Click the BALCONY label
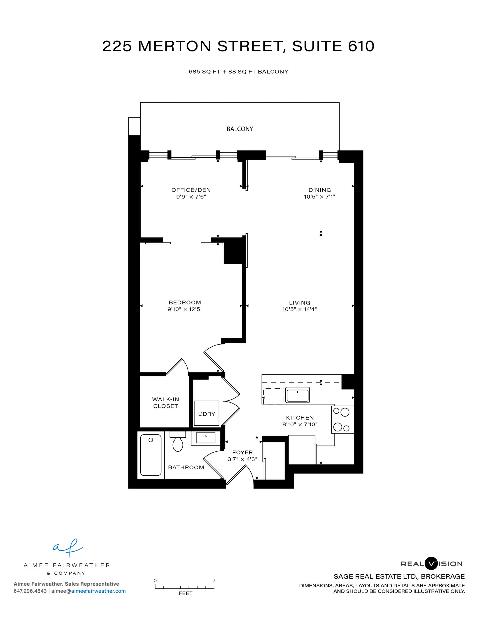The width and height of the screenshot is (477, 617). point(240,129)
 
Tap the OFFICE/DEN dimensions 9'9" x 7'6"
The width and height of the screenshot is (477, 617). point(191,197)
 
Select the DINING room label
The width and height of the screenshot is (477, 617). point(320,190)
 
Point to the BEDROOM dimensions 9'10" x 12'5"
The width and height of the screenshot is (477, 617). point(185,309)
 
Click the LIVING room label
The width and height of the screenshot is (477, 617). point(300,302)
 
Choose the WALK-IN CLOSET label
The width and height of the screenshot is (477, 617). point(166,402)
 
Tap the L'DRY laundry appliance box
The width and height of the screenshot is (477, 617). point(206,413)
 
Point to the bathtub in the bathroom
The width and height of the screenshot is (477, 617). point(151,455)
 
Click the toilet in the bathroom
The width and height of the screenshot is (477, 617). point(177,441)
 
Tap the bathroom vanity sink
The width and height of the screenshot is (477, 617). point(205,438)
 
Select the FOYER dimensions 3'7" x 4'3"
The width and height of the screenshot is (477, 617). point(242,459)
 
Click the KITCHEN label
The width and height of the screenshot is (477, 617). point(300,417)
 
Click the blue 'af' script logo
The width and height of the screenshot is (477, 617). point(68,548)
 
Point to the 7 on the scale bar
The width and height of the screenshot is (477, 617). point(214,581)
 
